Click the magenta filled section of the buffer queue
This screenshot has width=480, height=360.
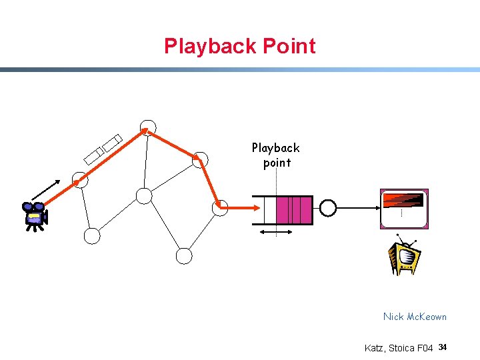[294, 210]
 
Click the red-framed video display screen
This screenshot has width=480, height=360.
[404, 209]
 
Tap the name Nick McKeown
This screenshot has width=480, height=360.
[415, 317]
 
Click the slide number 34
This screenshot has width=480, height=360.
[443, 347]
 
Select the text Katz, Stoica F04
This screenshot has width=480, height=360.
[399, 348]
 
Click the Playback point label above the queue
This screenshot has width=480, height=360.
[276, 155]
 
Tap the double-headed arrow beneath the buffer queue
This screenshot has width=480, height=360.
[276, 232]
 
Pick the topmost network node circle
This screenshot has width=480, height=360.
[148, 127]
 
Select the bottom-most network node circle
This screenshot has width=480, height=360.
[184, 255]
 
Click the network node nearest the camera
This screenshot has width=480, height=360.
[80, 180]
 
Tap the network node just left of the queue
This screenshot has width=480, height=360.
[220, 207]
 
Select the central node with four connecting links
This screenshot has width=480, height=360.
[144, 195]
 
